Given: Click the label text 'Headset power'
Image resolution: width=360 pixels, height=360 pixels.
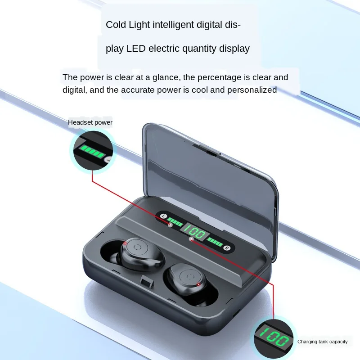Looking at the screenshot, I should (90, 122).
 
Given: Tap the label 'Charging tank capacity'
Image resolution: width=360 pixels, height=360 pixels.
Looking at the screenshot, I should (322, 342).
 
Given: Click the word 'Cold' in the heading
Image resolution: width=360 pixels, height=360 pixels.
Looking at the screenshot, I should (116, 25).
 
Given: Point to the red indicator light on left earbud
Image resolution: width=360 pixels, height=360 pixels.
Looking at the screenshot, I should (125, 243).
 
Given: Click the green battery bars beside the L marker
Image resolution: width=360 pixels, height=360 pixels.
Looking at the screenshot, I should (175, 222).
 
